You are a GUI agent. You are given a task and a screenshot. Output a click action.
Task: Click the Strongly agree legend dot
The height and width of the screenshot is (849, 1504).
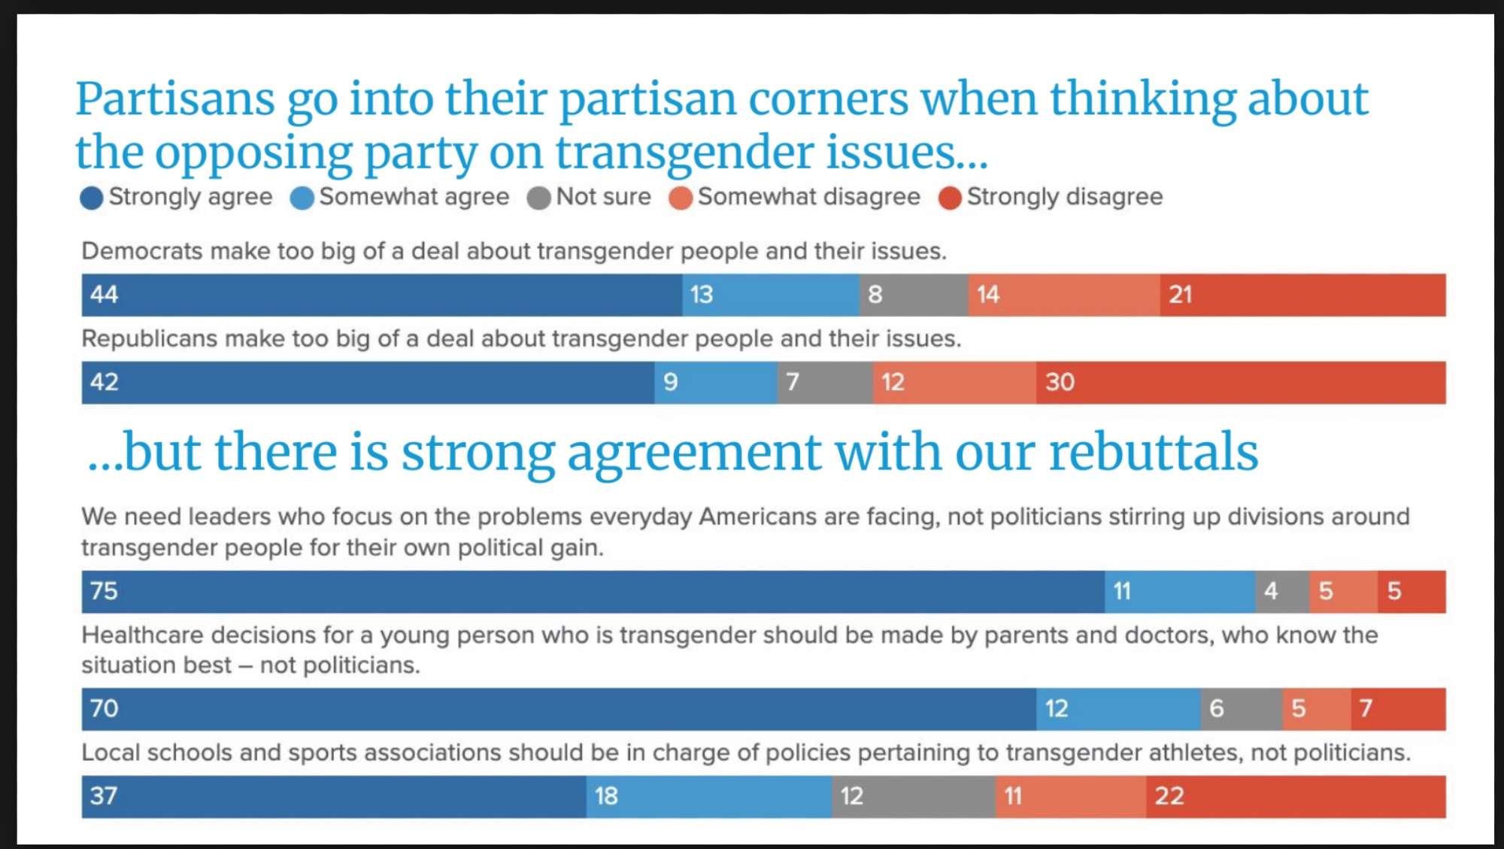point(91,199)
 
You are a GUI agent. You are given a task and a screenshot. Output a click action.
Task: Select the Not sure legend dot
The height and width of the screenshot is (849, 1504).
point(538,199)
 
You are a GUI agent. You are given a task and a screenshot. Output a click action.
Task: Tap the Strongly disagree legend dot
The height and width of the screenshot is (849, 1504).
point(950,199)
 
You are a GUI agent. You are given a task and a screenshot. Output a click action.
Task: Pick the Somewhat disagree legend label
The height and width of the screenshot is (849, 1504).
point(808,197)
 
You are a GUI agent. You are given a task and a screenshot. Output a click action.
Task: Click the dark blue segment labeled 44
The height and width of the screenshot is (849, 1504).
point(382,295)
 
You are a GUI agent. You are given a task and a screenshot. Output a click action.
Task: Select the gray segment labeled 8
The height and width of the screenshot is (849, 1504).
point(914,295)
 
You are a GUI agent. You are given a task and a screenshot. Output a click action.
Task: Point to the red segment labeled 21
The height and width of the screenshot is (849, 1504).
point(1302,295)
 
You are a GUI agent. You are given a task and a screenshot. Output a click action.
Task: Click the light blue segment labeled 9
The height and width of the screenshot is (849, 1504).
point(715,383)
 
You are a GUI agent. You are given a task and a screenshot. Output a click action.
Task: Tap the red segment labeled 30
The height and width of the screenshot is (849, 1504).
point(1240,383)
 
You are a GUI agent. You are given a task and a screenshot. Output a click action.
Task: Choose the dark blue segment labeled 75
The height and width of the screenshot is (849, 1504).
point(593,592)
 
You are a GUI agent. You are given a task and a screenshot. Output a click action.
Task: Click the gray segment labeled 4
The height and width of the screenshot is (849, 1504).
point(1282,592)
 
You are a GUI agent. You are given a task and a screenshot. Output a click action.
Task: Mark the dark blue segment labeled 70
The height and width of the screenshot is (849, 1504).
point(559,709)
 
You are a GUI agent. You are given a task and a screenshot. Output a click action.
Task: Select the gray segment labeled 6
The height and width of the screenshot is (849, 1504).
point(1241,709)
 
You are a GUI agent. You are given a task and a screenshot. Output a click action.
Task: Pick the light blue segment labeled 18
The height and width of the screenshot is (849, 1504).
point(708,797)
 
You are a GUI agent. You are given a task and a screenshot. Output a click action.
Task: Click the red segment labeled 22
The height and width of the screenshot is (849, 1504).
point(1295,797)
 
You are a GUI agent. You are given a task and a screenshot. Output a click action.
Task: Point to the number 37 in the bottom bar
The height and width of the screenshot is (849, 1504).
point(104,796)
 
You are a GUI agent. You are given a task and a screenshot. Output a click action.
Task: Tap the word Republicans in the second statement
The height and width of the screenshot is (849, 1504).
point(149,339)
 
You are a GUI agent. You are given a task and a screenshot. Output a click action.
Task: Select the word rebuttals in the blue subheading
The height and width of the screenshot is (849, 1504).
point(1153,453)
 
